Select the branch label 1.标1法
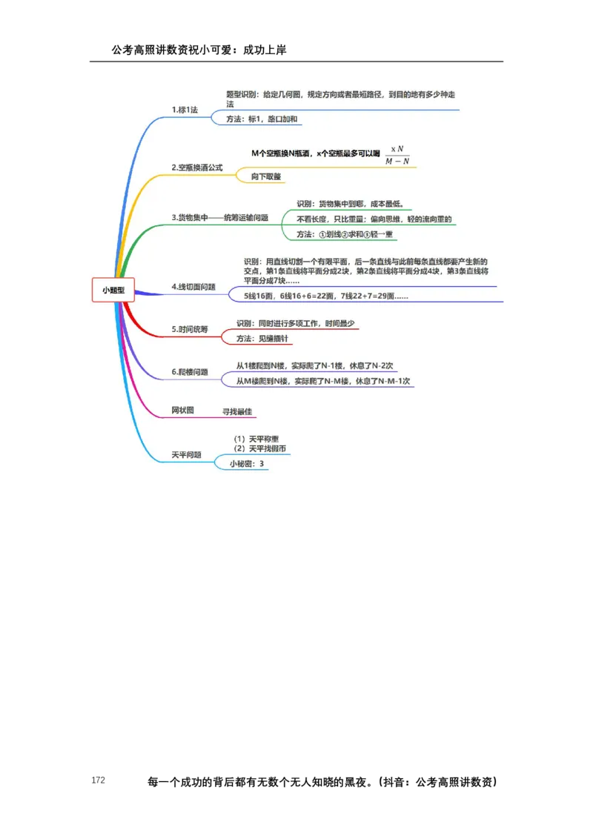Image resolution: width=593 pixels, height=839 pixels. [185, 110]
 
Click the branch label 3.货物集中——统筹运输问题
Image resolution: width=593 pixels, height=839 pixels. [219, 218]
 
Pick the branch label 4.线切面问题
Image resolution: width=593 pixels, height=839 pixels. [193, 286]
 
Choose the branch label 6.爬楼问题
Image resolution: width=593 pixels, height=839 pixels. [189, 372]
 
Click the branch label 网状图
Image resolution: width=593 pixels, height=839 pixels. [182, 410]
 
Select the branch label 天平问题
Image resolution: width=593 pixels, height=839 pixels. [186, 454]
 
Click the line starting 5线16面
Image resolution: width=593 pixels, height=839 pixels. [327, 296]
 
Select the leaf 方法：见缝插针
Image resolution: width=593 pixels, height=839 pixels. [262, 338]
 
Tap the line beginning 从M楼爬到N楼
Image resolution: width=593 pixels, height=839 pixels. [323, 381]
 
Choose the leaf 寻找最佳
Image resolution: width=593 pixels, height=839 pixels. [237, 411]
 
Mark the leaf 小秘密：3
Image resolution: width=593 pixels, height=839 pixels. [247, 464]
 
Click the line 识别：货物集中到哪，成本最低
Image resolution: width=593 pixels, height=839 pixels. [350, 204]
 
